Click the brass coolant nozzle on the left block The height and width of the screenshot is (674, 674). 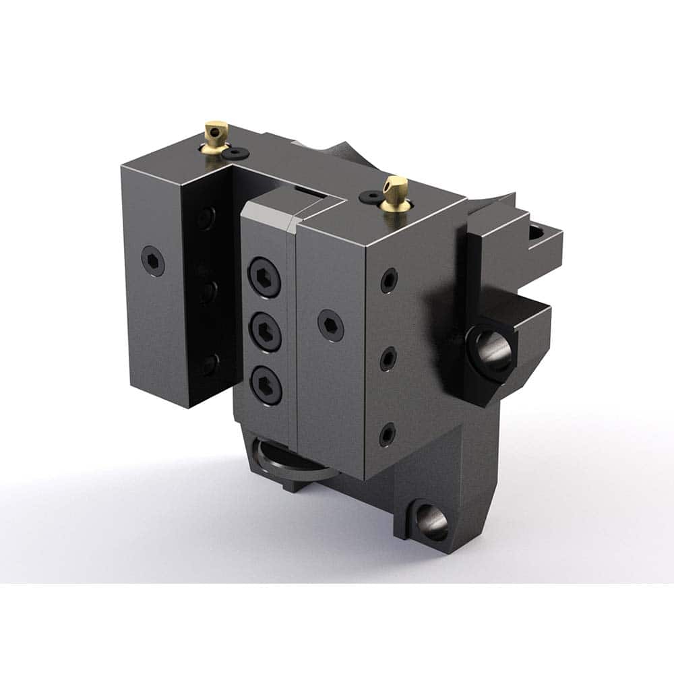[216, 135]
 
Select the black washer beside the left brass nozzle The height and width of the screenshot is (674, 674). [235, 154]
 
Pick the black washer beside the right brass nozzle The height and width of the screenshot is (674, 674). [370, 196]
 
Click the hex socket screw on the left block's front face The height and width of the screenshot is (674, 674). [153, 261]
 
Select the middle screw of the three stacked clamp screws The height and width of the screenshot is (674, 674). [265, 332]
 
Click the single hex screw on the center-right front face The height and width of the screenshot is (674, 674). [330, 326]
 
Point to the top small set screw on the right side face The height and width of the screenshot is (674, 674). [389, 280]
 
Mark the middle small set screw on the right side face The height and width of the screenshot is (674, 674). [388, 359]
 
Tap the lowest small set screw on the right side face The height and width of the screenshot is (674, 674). [387, 434]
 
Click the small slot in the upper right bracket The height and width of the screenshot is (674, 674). [537, 233]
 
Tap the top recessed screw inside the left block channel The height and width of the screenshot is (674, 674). [207, 218]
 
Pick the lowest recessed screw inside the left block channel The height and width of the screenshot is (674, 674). [208, 364]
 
